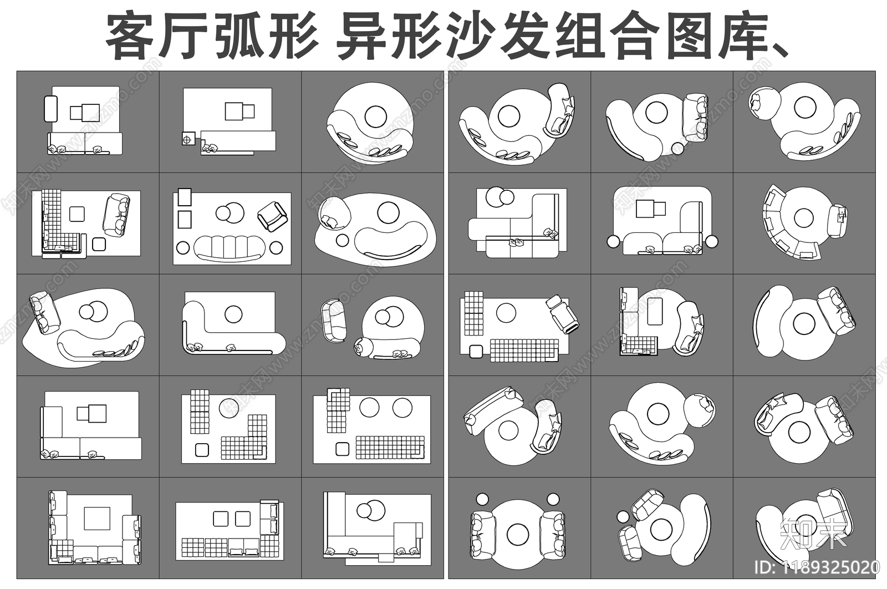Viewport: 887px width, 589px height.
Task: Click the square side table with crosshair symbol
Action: [188, 139]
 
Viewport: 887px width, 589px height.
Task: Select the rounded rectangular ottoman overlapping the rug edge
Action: [50, 109]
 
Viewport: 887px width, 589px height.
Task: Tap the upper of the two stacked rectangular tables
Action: [184, 196]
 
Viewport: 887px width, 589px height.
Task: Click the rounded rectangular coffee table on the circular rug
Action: [654, 311]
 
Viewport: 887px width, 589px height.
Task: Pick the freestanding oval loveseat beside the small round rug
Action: [334, 321]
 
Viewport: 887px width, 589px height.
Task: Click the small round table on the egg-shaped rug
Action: [342, 241]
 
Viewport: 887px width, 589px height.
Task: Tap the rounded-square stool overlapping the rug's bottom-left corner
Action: [475, 352]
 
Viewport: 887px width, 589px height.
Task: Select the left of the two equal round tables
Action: [369, 408]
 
